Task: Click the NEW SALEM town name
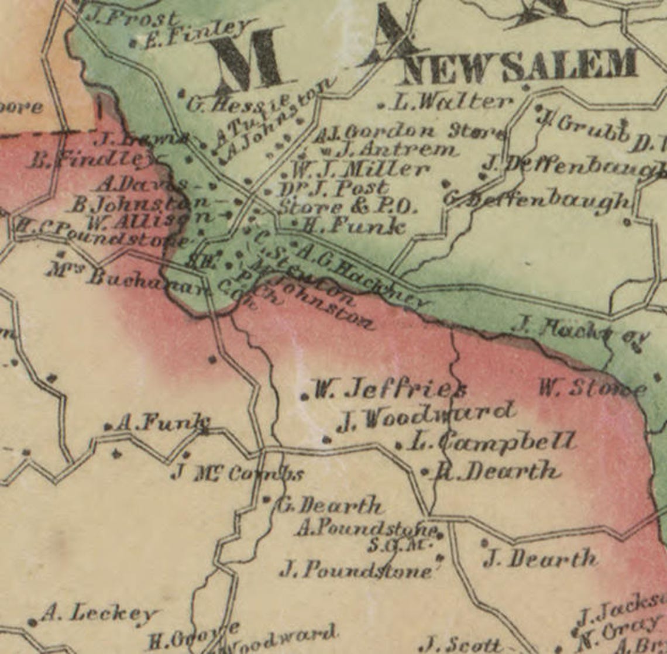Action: coord(520,66)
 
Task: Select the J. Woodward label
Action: coord(427,417)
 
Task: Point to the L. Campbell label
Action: coord(491,442)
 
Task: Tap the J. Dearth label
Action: coord(540,559)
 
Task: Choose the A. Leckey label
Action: coord(99,614)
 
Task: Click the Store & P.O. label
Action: coord(346,206)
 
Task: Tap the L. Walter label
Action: coord(451,102)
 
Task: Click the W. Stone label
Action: coord(591,388)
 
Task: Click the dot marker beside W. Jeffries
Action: coord(304,397)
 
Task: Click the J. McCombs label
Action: coord(238,473)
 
